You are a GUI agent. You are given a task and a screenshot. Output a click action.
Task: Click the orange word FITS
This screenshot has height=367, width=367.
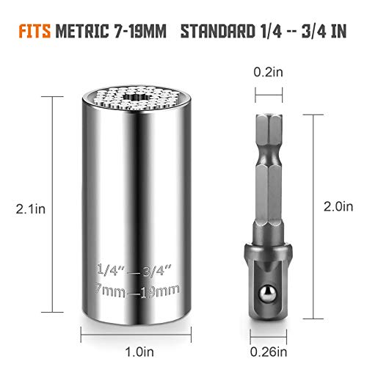pyautogui.click(x=34, y=31)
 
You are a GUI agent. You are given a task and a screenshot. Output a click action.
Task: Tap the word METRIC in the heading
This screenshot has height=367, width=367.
pyautogui.click(x=82, y=31)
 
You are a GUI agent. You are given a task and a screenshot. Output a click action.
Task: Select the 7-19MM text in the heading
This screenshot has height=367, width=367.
pyautogui.click(x=140, y=31)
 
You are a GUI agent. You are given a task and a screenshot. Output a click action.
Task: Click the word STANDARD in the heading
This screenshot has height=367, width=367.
pyautogui.click(x=217, y=31)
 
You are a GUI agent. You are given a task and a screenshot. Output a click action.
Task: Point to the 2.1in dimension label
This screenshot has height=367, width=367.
pyautogui.click(x=31, y=209)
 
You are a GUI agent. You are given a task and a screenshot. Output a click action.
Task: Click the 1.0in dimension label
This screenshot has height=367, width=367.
pyautogui.click(x=139, y=352)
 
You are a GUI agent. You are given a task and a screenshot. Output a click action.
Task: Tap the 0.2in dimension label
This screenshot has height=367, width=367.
pyautogui.click(x=268, y=72)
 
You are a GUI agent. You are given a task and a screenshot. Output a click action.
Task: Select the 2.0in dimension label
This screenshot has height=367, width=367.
pyautogui.click(x=338, y=207)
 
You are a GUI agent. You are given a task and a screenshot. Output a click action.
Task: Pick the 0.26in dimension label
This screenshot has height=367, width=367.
pyautogui.click(x=269, y=352)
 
